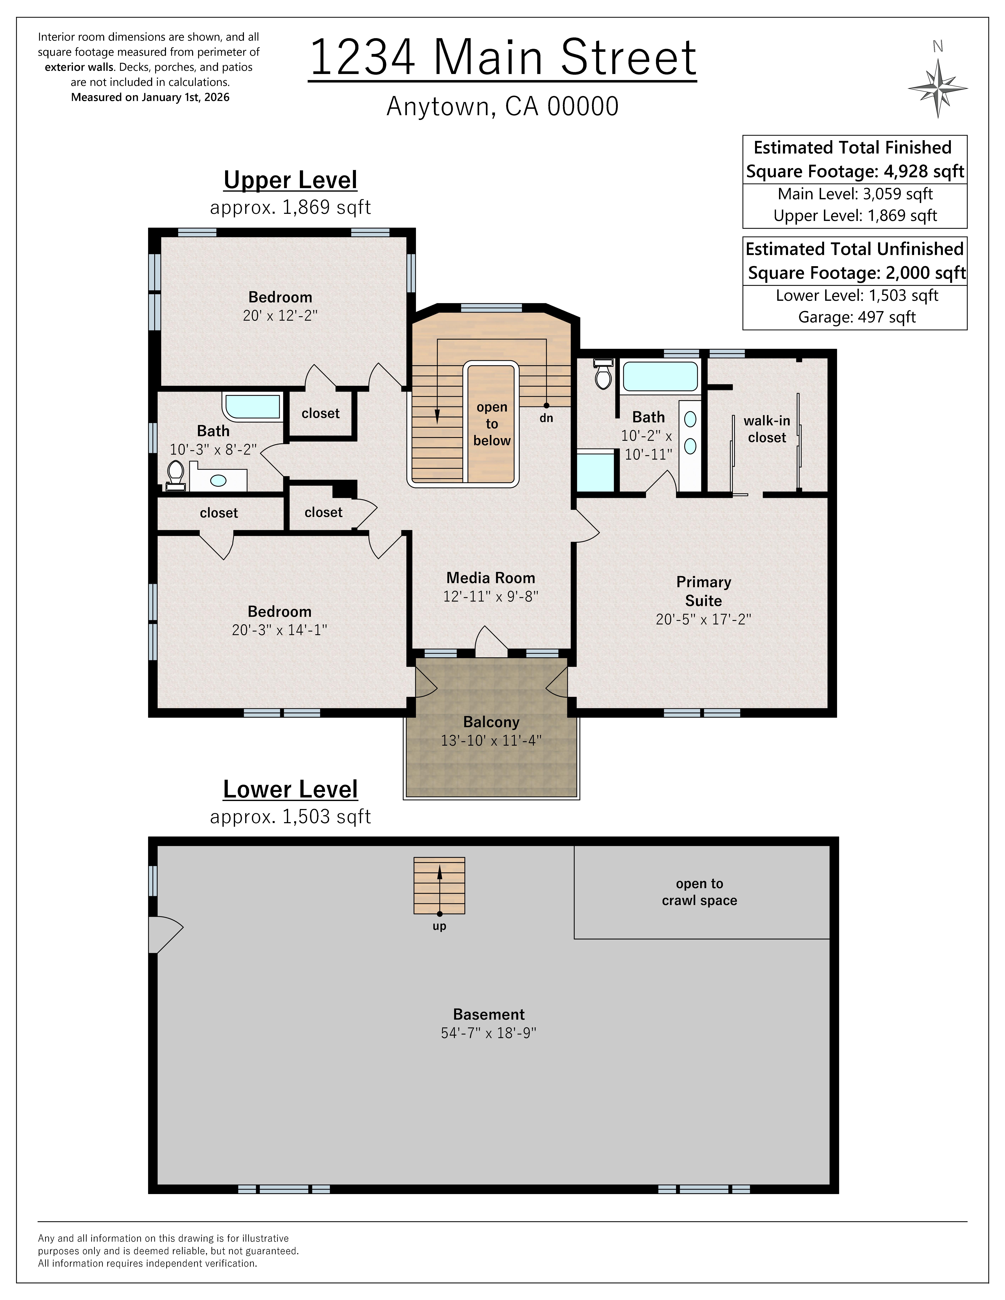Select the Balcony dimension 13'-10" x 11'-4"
point(491,740)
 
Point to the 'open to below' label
point(492,424)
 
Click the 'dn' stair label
point(546,418)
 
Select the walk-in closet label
point(767,429)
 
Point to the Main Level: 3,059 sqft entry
point(855,194)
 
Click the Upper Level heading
point(291,180)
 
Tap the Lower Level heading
point(291,789)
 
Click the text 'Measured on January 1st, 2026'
point(150,97)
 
